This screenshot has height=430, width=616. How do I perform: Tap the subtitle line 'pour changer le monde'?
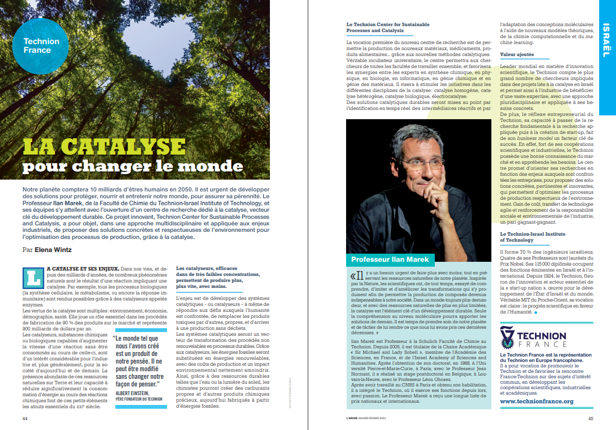[x=133, y=165]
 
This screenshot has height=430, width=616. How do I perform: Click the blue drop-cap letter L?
[x=34, y=278]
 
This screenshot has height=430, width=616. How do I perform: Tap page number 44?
[x=25, y=419]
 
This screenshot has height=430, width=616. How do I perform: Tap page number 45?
[x=590, y=419]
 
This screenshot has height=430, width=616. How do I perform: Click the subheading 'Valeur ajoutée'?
[x=516, y=54]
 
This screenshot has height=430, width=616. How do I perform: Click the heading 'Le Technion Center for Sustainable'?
[x=388, y=24]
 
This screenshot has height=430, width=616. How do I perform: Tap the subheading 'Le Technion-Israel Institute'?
[x=532, y=234]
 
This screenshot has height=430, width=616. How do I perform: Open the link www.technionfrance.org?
[x=536, y=401]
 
